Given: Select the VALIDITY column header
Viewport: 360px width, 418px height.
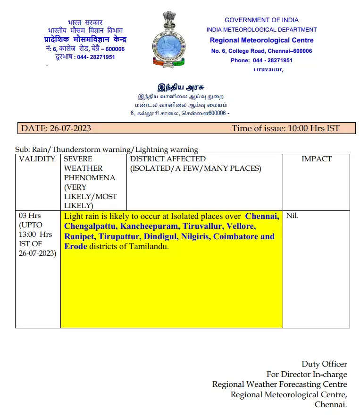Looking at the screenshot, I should pyautogui.click(x=37, y=159).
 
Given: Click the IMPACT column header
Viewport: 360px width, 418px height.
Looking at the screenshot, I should pyautogui.click(x=316, y=159).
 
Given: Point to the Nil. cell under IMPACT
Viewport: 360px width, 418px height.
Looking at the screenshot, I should pyautogui.click(x=292, y=217).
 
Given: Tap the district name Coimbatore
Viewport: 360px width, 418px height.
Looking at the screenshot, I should pyautogui.click(x=235, y=236).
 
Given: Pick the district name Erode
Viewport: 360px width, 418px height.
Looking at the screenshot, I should pyautogui.click(x=75, y=246).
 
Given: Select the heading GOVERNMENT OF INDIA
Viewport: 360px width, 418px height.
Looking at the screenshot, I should pyautogui.click(x=261, y=20).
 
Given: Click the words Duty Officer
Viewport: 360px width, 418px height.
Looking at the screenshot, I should pyautogui.click(x=324, y=364).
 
